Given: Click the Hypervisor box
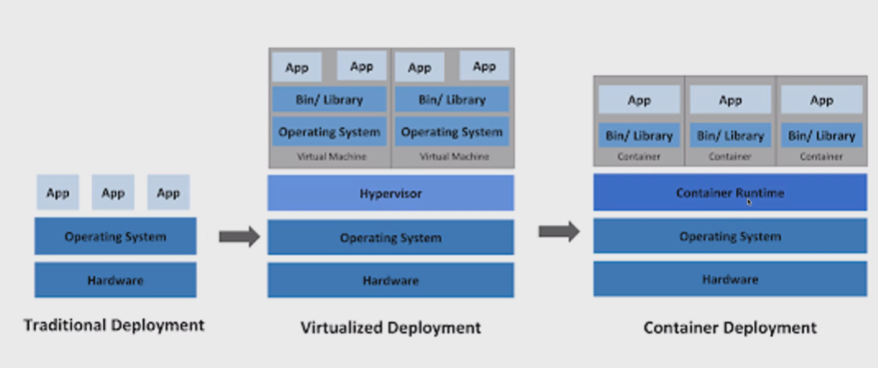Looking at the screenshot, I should pos(390,193).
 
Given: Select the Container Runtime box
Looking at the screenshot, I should pos(730,192).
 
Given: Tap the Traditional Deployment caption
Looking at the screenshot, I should pos(114,325).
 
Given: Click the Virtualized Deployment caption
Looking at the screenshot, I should pos(390,327).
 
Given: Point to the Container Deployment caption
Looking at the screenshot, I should pos(729,327).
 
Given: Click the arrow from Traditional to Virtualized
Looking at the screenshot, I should pos(239,236).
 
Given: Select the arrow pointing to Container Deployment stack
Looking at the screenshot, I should pos(559,231).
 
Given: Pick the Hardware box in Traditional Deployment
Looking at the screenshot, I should pos(115,280).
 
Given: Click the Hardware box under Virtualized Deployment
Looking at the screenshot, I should pos(390,280).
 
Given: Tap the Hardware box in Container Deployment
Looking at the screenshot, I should pos(730,279).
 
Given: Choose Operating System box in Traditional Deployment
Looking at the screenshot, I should pos(115,236).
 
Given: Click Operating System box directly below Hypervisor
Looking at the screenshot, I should pos(390,237).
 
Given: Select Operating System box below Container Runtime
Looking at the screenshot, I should pos(730,235).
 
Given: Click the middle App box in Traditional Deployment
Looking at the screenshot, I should pos(113,192).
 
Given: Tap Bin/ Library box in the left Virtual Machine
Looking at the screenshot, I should pos(329,99).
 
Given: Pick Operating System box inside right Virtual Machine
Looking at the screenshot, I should pos(451,132).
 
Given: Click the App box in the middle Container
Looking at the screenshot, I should pos(730,100).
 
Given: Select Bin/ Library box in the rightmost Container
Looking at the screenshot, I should pos(821,135).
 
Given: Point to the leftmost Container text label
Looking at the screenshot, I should pos(638,157).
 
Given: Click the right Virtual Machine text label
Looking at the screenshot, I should pos(451,157).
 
